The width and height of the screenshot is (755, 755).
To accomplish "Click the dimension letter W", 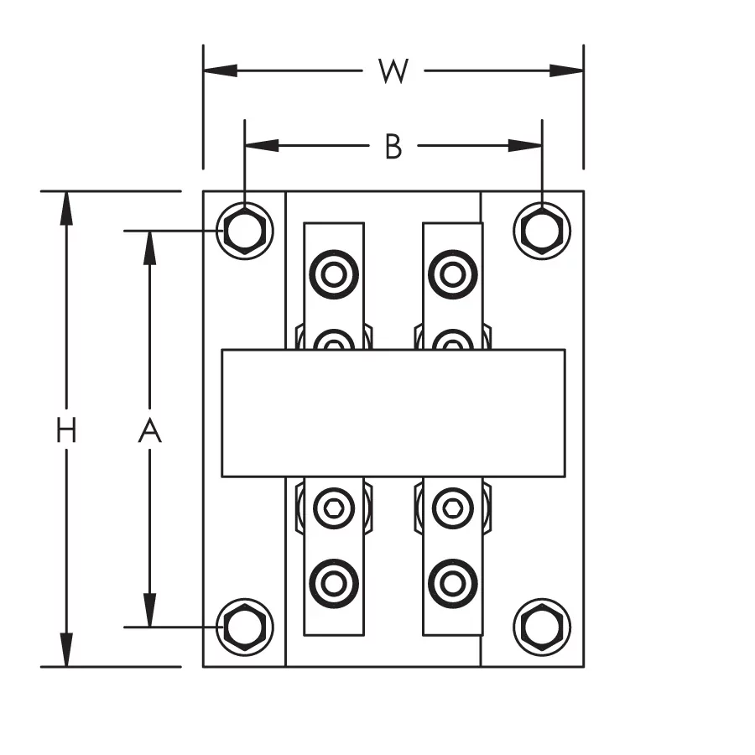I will (393, 71).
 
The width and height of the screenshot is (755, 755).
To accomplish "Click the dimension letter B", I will (393, 147).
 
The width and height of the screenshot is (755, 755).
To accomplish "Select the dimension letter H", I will (66, 431).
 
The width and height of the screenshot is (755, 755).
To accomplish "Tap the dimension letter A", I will (149, 431).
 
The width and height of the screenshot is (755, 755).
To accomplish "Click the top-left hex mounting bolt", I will (244, 231).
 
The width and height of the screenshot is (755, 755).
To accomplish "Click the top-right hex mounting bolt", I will (542, 231).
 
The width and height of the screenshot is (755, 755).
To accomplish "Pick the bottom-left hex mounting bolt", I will (244, 627).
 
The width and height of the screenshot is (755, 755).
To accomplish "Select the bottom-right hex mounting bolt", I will (542, 627).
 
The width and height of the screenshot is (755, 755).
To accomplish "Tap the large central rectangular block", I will (393, 413).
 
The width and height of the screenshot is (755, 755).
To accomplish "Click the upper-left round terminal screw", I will (334, 273).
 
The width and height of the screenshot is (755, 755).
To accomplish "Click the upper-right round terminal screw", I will (453, 273).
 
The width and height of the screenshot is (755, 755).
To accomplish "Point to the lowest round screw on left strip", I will (334, 582).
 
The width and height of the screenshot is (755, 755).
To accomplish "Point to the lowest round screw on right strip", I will (453, 582).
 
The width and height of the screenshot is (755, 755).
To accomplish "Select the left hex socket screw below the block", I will (334, 507).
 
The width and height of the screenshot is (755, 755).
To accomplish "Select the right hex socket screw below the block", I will (453, 507).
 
